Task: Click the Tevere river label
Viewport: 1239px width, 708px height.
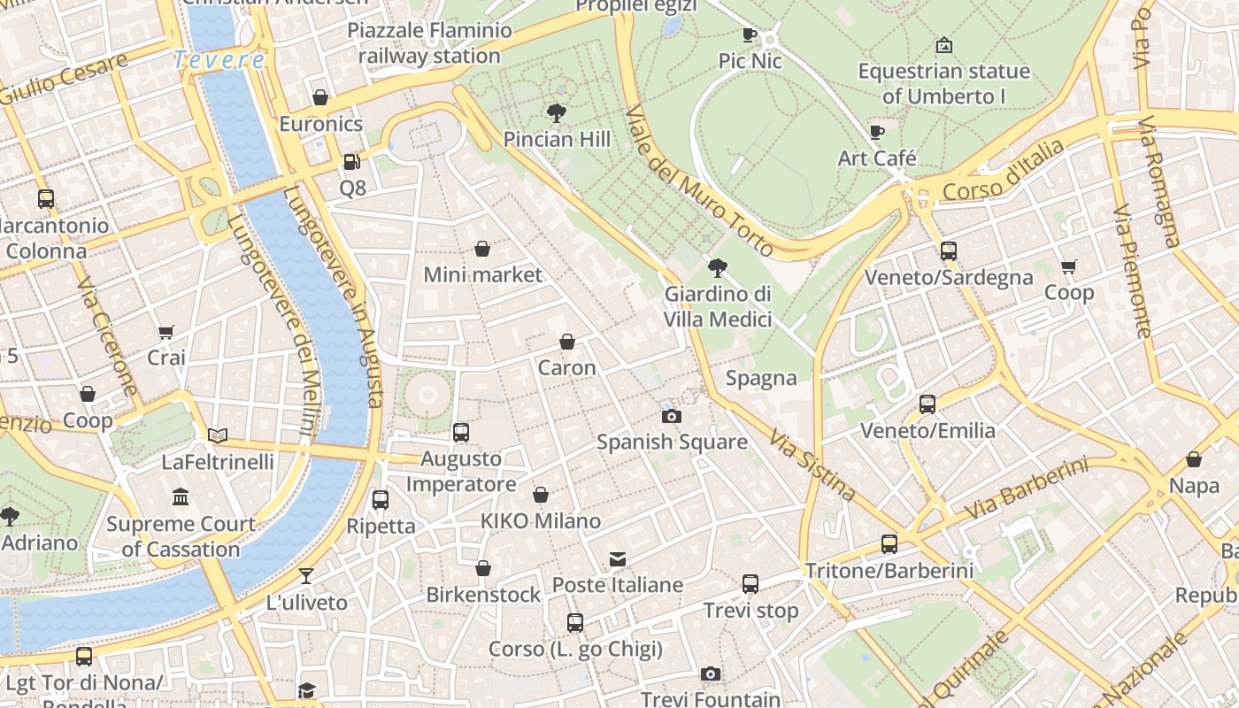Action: tap(219, 60)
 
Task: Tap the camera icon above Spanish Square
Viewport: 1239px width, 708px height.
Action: tap(672, 416)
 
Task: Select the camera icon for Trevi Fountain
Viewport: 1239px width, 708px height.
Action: tap(710, 674)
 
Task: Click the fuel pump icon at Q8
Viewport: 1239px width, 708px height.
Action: tap(351, 162)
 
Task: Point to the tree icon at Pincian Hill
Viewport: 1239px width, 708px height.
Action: tap(557, 112)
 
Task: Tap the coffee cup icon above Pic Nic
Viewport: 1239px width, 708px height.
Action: tap(750, 35)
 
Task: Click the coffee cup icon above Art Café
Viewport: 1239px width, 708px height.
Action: tap(877, 133)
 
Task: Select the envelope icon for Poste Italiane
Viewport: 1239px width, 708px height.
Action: tap(617, 559)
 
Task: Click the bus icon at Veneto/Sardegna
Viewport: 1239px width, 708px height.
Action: tap(949, 251)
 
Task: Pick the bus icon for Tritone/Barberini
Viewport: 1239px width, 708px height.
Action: tap(889, 544)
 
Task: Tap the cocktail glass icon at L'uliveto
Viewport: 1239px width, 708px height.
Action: tap(306, 576)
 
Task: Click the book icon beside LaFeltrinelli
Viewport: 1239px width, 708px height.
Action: tap(218, 435)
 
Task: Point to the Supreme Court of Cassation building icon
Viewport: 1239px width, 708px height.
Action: tap(181, 497)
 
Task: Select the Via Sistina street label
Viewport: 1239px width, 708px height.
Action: tap(812, 466)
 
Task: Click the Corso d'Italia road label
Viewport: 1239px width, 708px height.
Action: tap(1004, 172)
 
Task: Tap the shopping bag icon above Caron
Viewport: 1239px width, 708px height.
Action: tap(567, 342)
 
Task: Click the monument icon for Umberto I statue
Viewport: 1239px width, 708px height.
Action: tap(944, 45)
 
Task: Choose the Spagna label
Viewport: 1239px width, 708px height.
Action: tap(761, 379)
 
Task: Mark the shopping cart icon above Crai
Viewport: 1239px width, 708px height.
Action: tap(166, 332)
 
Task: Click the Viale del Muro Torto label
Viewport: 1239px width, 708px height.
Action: tap(699, 181)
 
